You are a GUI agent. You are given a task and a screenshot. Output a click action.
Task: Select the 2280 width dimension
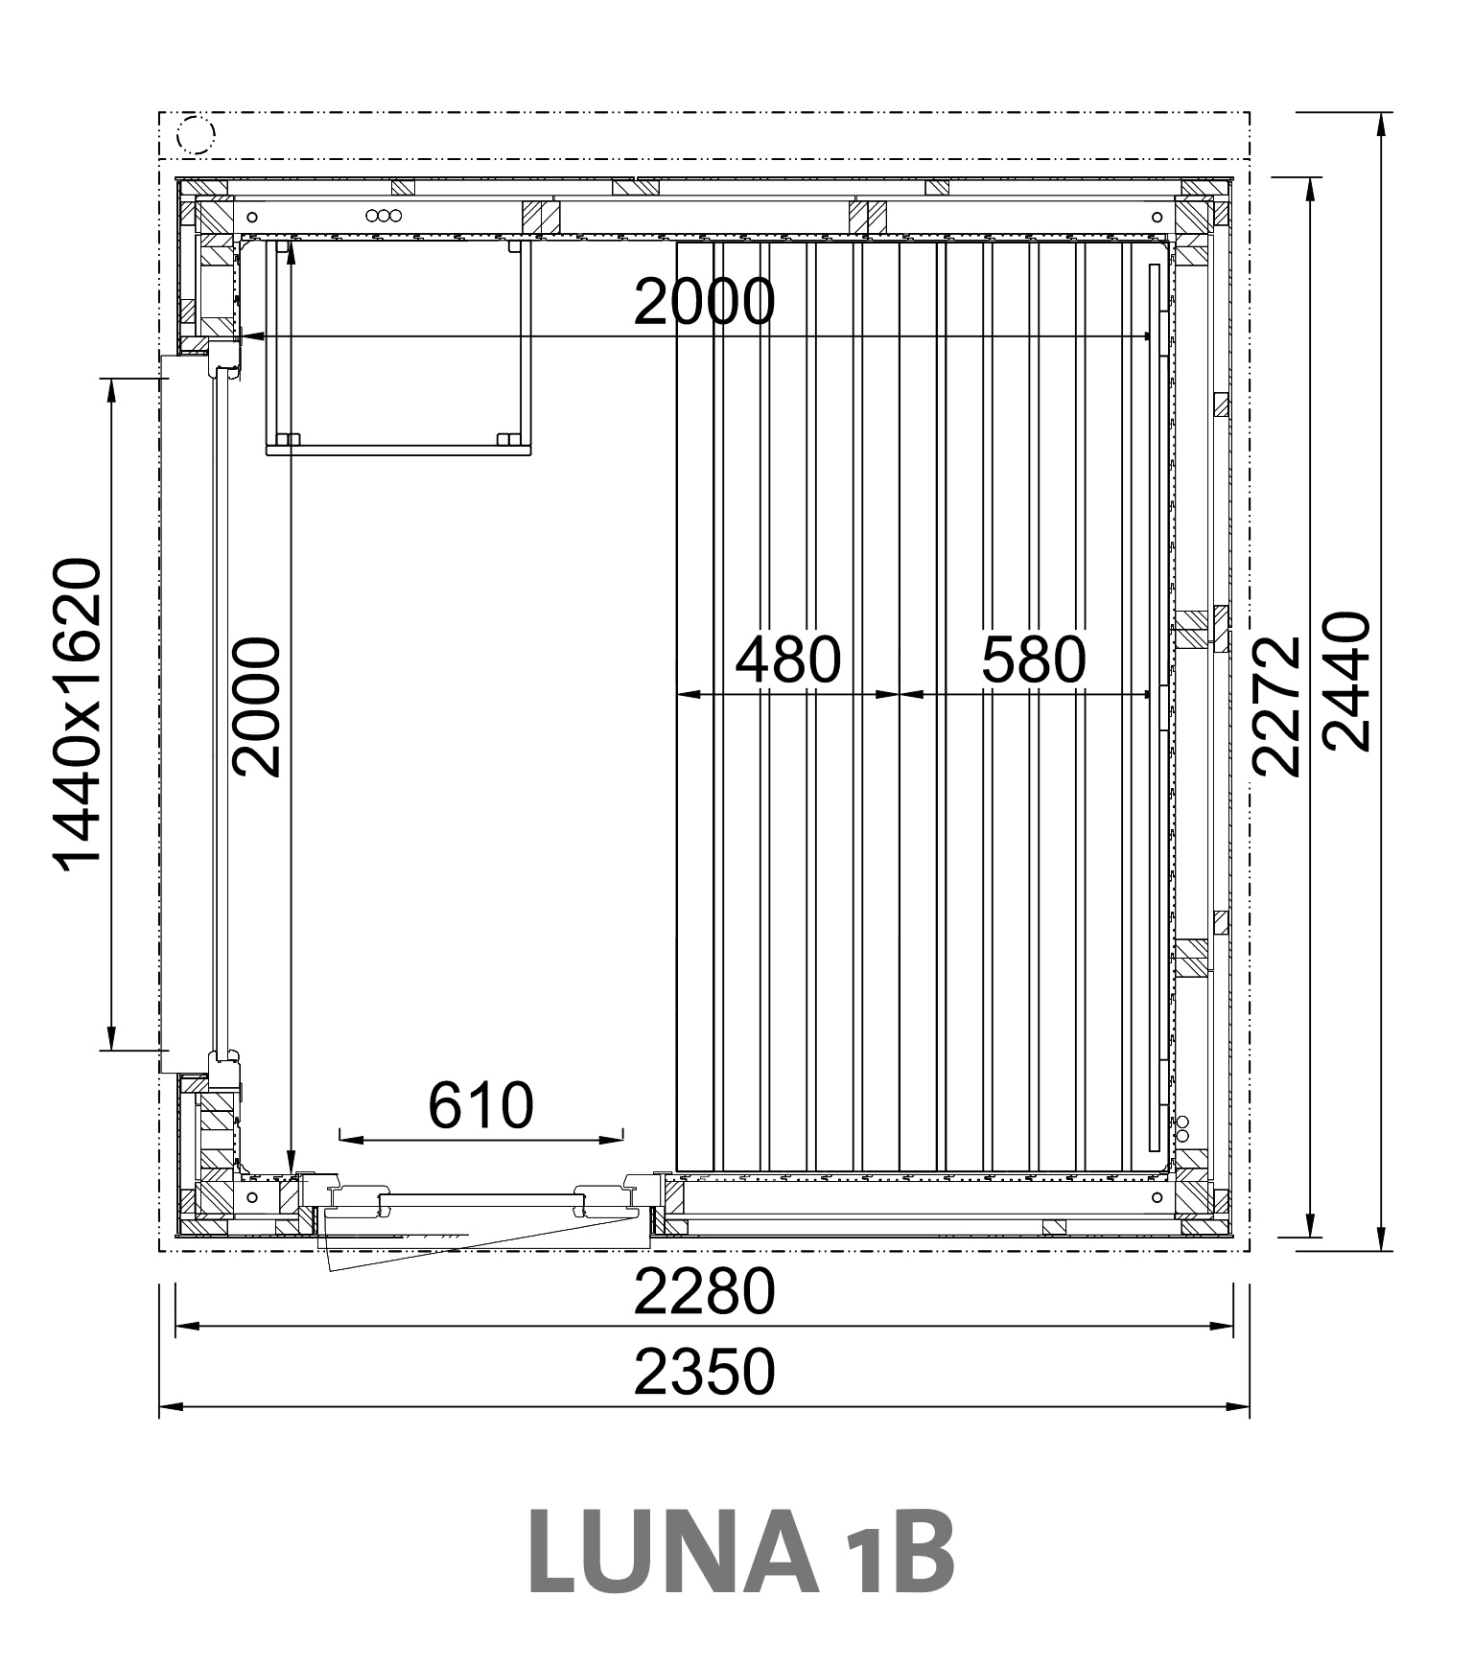point(704,1291)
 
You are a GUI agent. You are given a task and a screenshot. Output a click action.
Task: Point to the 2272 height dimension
point(1277,706)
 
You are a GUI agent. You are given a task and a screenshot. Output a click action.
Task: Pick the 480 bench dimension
point(788,659)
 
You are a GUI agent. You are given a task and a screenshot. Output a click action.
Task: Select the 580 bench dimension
point(1034,659)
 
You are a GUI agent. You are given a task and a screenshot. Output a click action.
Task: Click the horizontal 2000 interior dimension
point(704,302)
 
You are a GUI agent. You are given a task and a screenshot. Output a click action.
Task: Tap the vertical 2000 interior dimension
point(257,707)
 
